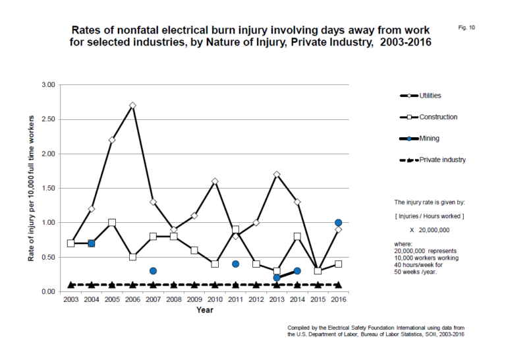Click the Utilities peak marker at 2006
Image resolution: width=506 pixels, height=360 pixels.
tap(133, 105)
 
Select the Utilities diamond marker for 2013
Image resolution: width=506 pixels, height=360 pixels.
tap(277, 174)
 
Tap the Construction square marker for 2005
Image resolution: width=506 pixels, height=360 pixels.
tap(112, 222)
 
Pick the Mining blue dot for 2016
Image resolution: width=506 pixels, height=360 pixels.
tap(339, 223)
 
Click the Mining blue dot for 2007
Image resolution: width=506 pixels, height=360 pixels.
tap(153, 270)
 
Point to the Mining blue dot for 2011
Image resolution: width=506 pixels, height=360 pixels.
tap(235, 264)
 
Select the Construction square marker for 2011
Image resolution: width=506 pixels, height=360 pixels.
tap(235, 229)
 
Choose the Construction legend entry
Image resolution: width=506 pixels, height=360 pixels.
tap(438, 117)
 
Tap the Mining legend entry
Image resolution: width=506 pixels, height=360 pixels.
tap(430, 138)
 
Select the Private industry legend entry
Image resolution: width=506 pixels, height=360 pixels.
tap(442, 160)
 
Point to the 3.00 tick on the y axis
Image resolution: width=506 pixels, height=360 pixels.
tap(47, 85)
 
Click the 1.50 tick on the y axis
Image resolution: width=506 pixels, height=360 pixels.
tap(47, 188)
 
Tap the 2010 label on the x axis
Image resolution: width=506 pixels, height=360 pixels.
tap(215, 300)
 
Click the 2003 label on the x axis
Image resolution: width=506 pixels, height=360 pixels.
tap(71, 300)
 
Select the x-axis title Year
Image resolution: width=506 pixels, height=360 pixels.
tap(204, 311)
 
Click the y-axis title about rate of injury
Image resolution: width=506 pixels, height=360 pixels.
tap(31, 188)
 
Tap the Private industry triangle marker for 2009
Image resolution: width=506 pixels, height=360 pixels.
tap(194, 284)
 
